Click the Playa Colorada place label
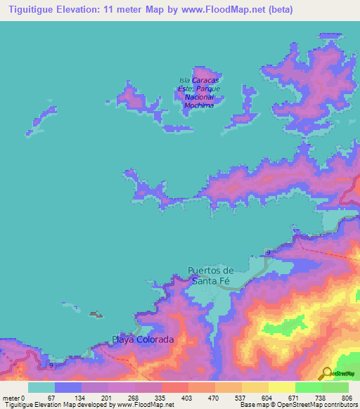pos(143,340)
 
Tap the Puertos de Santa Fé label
pos(210,275)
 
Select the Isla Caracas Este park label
pos(200,93)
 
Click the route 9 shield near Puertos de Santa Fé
pos(268,252)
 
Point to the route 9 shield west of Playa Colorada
pos(51,365)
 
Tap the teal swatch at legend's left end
pos(41,387)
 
